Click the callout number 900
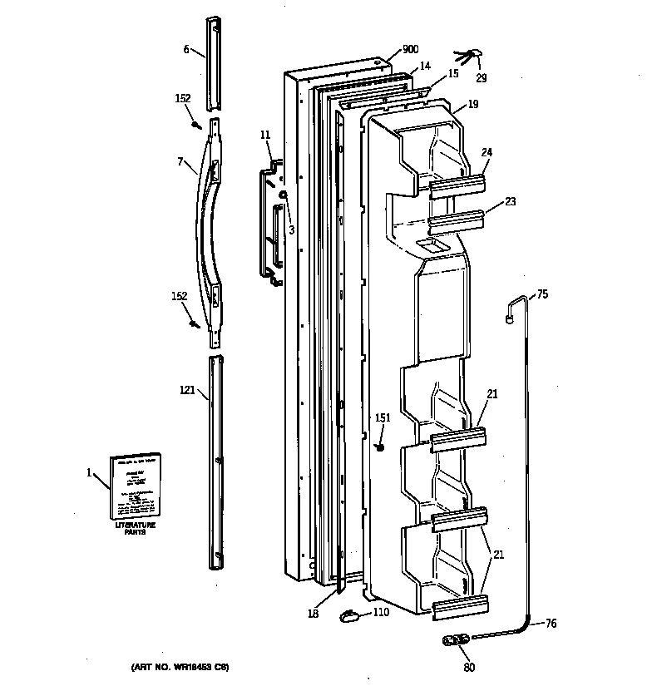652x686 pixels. coord(410,50)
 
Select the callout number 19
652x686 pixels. coord(472,104)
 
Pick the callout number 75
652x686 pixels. coord(542,294)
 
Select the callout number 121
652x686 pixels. coord(188,388)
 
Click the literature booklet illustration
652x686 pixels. coord(136,486)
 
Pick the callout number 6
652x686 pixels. coord(187,49)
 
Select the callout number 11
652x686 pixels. coord(265,134)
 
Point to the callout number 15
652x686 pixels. coord(453,74)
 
